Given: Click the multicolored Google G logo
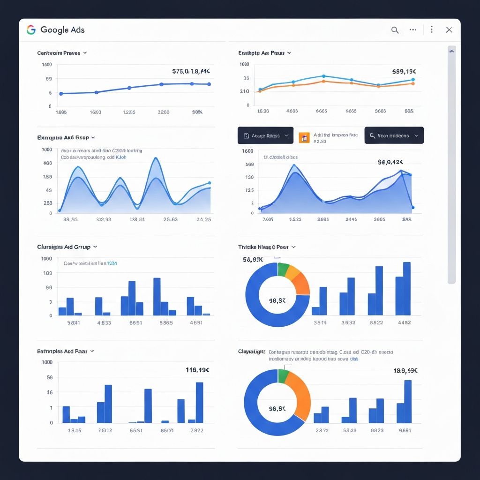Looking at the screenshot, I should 31,30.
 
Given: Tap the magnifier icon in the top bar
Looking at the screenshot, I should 395,30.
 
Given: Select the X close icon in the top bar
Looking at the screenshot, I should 449,30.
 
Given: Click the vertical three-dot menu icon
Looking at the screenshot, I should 431,30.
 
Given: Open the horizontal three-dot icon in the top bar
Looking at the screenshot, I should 413,30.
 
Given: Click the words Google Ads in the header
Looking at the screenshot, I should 62,30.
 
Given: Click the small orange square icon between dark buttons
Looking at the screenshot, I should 304,137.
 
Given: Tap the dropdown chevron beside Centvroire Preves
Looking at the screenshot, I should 85,53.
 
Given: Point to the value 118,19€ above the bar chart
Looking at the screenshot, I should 198,370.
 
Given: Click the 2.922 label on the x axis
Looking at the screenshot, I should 195,430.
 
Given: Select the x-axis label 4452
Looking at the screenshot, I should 404,322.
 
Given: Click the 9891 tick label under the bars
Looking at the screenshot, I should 404,430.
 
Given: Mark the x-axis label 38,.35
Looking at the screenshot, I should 70,219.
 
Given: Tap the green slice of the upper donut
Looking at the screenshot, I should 283,270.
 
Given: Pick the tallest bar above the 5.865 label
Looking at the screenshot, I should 157,296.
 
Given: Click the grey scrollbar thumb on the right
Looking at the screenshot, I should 451,164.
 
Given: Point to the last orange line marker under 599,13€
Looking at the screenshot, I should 412,83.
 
